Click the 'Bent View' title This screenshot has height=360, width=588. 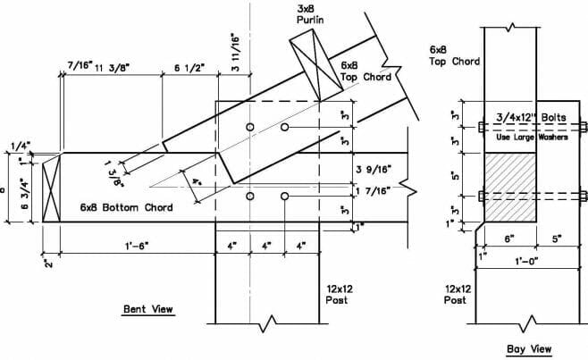click(148, 309)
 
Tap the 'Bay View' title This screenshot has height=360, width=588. click(529, 349)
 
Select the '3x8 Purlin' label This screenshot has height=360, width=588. click(310, 14)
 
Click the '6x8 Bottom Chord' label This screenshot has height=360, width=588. click(126, 207)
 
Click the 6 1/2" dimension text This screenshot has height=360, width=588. click(189, 68)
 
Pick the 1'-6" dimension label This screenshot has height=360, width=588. click(137, 246)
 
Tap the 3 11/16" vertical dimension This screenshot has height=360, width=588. click(236, 54)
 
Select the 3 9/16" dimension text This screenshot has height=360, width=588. click(374, 170)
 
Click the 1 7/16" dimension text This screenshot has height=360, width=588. click(374, 191)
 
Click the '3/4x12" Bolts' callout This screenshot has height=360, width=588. click(532, 117)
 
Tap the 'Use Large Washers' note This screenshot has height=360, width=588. click(532, 137)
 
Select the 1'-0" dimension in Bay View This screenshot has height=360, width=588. click(527, 261)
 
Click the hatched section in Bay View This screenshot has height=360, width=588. click(510, 187)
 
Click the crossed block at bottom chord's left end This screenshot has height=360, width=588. click(51, 188)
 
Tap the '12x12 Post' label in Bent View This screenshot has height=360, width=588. click(339, 295)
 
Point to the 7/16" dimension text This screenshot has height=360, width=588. click(80, 65)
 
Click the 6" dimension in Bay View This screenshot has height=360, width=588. click(508, 239)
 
